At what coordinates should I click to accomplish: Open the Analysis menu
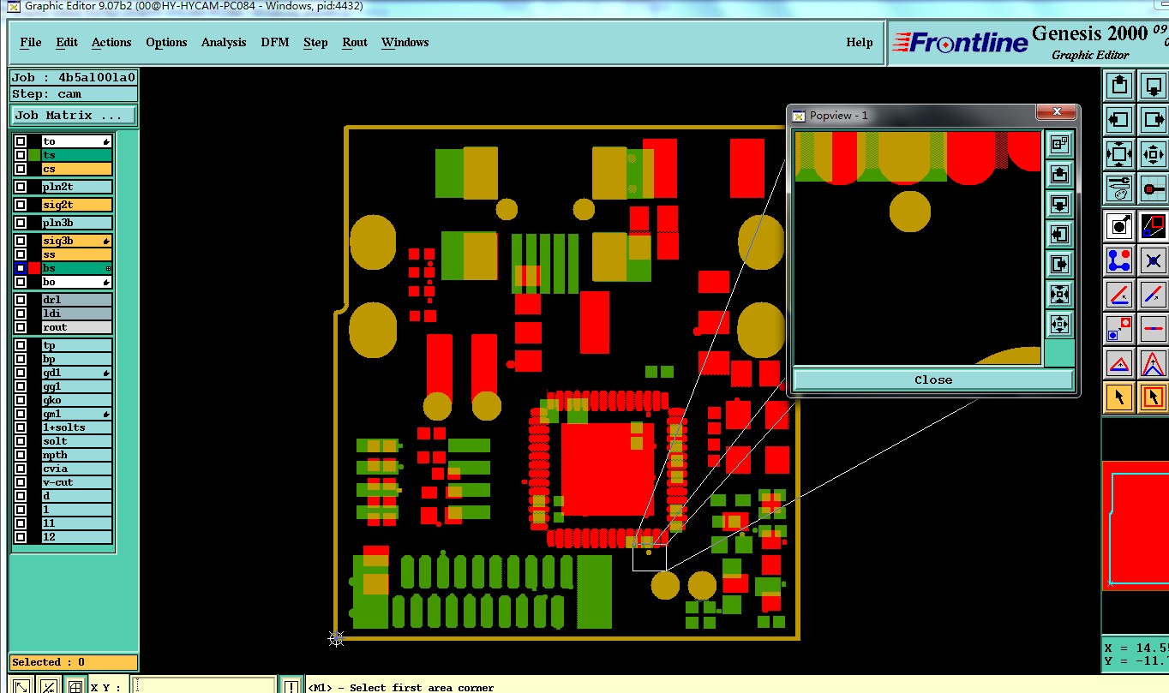[224, 42]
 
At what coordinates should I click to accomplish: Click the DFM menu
[274, 42]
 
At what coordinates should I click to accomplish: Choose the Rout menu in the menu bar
[354, 42]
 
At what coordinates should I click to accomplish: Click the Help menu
[859, 42]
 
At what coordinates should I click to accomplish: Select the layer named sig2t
[77, 205]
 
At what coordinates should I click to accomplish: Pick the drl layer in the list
[77, 299]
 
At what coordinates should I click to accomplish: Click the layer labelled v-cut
[77, 481]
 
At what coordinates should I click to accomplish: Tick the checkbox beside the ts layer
[21, 155]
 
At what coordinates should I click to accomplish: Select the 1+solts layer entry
[77, 427]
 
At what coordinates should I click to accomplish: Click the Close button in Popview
[933, 379]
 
